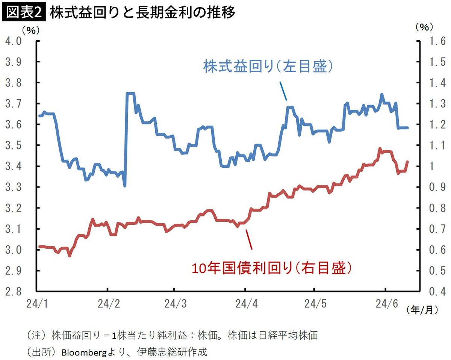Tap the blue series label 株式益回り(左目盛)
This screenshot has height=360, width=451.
pyautogui.click(x=268, y=67)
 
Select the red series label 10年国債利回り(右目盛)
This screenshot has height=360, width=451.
pyautogui.click(x=272, y=268)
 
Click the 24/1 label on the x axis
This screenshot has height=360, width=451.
pyautogui.click(x=37, y=303)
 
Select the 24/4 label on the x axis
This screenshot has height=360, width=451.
pyautogui.click(x=245, y=303)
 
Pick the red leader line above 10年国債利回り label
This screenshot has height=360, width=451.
pyautogui.click(x=249, y=239)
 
